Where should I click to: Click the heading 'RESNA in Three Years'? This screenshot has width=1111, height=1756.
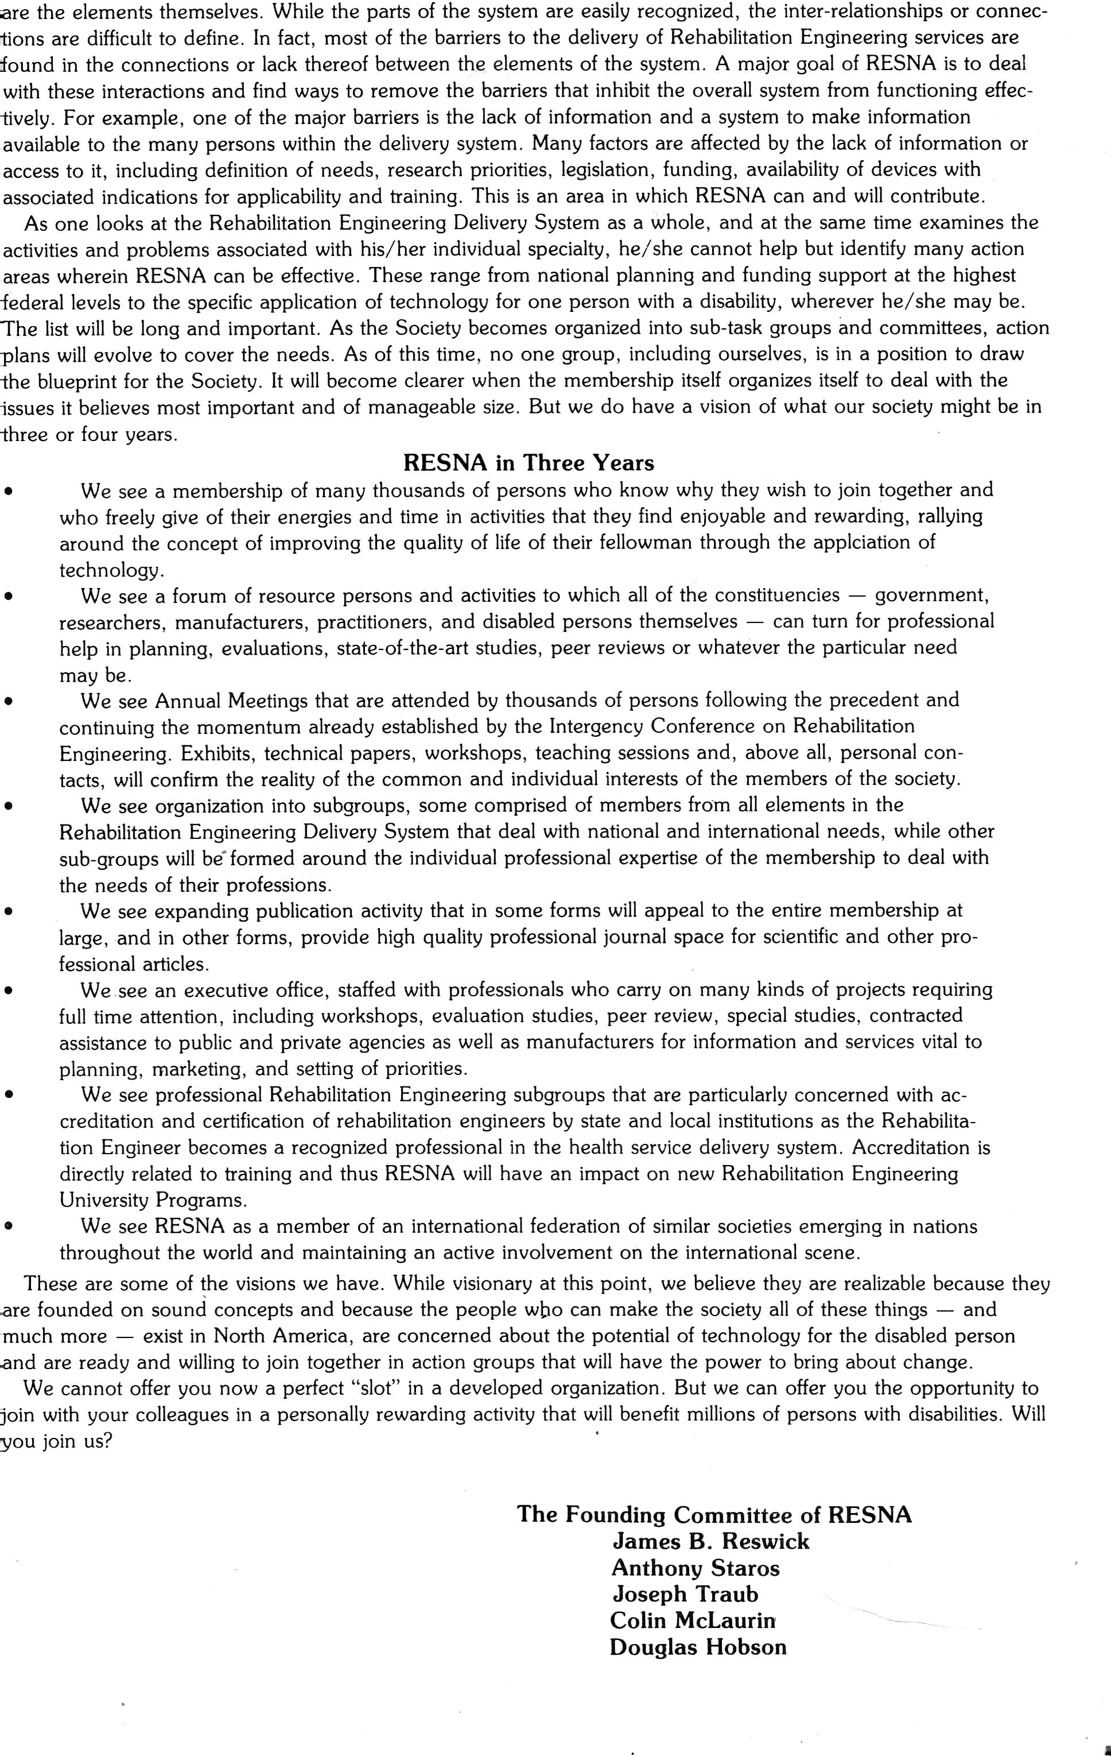529,463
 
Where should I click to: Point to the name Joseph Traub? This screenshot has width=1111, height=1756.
685,1594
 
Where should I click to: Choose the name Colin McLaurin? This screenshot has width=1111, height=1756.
692,1620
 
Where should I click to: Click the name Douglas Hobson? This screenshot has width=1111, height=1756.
698,1647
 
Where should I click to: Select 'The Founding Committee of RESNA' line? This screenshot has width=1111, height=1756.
714,1515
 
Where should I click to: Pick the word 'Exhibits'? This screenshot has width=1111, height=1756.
215,753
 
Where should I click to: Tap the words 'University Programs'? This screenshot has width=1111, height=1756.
153,1200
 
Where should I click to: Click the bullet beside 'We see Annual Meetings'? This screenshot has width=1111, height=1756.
9,702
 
